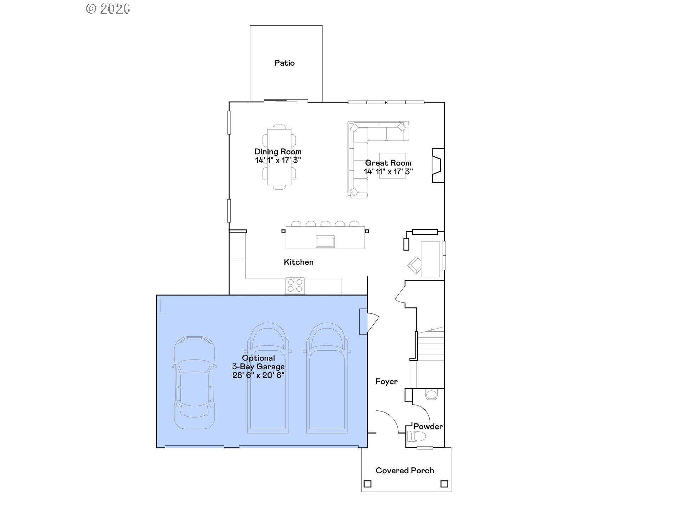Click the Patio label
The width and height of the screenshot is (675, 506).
[284, 63]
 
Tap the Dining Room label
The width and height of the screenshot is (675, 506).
[278, 152]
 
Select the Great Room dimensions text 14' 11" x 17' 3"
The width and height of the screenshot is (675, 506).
[388, 172]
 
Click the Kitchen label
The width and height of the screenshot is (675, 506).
[298, 262]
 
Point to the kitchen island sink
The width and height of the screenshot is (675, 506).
[325, 242]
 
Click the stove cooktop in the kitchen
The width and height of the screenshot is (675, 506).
[295, 285]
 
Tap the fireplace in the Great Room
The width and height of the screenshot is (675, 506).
[438, 165]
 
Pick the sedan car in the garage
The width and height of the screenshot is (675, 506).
[194, 382]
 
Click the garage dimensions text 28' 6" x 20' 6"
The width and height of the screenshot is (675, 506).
[258, 375]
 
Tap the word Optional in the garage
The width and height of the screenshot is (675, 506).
[258, 358]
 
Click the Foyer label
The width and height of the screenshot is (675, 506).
[386, 382]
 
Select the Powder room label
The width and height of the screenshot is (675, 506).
[428, 427]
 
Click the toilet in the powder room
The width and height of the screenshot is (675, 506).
[416, 437]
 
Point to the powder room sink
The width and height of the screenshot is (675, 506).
[431, 395]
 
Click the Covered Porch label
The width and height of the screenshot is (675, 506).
[405, 471]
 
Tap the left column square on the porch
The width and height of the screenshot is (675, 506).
[367, 484]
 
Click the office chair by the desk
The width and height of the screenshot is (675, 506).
[415, 265]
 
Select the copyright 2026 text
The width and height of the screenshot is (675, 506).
[108, 8]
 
